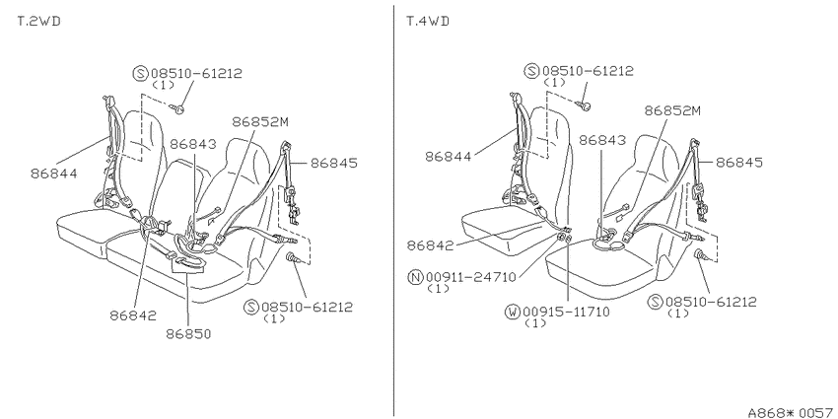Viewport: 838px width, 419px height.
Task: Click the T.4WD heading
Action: tap(428, 22)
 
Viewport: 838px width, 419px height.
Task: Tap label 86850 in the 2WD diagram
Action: tap(188, 334)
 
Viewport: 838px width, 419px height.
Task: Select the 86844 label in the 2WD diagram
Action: tap(53, 174)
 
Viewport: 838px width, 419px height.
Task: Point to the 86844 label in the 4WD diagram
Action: tap(449, 157)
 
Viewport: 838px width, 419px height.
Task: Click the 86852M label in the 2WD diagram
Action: tap(260, 122)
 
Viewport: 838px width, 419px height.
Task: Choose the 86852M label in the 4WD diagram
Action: tap(672, 110)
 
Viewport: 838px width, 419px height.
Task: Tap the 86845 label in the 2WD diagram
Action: tap(334, 163)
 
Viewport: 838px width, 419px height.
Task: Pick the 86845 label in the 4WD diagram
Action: tap(739, 163)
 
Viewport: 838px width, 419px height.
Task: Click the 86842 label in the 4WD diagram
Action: tap(430, 245)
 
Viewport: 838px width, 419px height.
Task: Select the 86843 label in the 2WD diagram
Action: tap(193, 144)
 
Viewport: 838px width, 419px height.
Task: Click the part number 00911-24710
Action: tap(471, 277)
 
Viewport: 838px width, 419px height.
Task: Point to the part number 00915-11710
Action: tap(566, 313)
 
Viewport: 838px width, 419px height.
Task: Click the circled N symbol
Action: tap(415, 277)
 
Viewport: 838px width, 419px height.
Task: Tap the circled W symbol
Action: tap(513, 313)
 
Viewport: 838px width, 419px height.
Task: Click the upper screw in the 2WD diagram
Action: tap(178, 109)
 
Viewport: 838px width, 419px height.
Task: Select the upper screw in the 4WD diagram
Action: tap(585, 106)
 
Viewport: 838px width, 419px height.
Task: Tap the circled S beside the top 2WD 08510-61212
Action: tap(140, 73)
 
